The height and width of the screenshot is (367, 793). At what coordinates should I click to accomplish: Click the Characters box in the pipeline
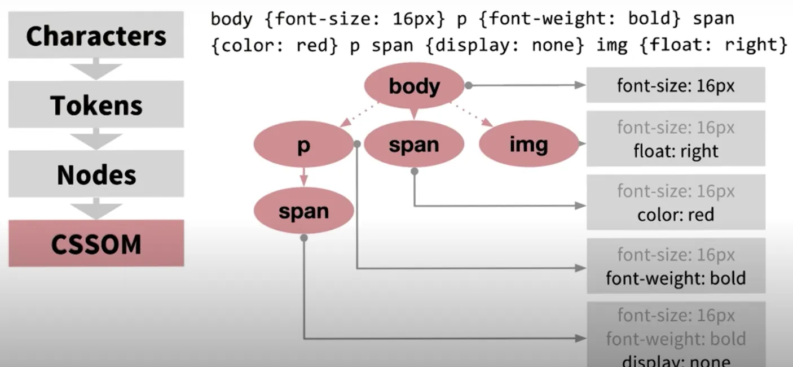[96, 36]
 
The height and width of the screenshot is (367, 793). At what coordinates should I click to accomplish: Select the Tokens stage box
[96, 105]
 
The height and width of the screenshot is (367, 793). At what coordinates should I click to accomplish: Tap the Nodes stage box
[96, 175]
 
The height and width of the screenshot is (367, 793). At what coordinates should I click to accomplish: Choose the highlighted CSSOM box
[96, 244]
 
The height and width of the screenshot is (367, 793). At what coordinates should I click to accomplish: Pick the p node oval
[303, 146]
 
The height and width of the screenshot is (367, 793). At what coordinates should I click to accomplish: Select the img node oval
[528, 145]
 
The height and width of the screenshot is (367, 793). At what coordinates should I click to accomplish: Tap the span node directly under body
[414, 145]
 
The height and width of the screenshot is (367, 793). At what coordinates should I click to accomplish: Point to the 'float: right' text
[676, 151]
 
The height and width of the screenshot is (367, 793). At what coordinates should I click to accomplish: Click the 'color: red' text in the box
[676, 215]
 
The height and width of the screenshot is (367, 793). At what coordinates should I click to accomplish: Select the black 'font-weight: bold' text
[676, 278]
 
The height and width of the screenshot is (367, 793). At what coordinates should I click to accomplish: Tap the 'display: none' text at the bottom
[676, 360]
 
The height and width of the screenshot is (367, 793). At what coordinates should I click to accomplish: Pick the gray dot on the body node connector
[468, 85]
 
